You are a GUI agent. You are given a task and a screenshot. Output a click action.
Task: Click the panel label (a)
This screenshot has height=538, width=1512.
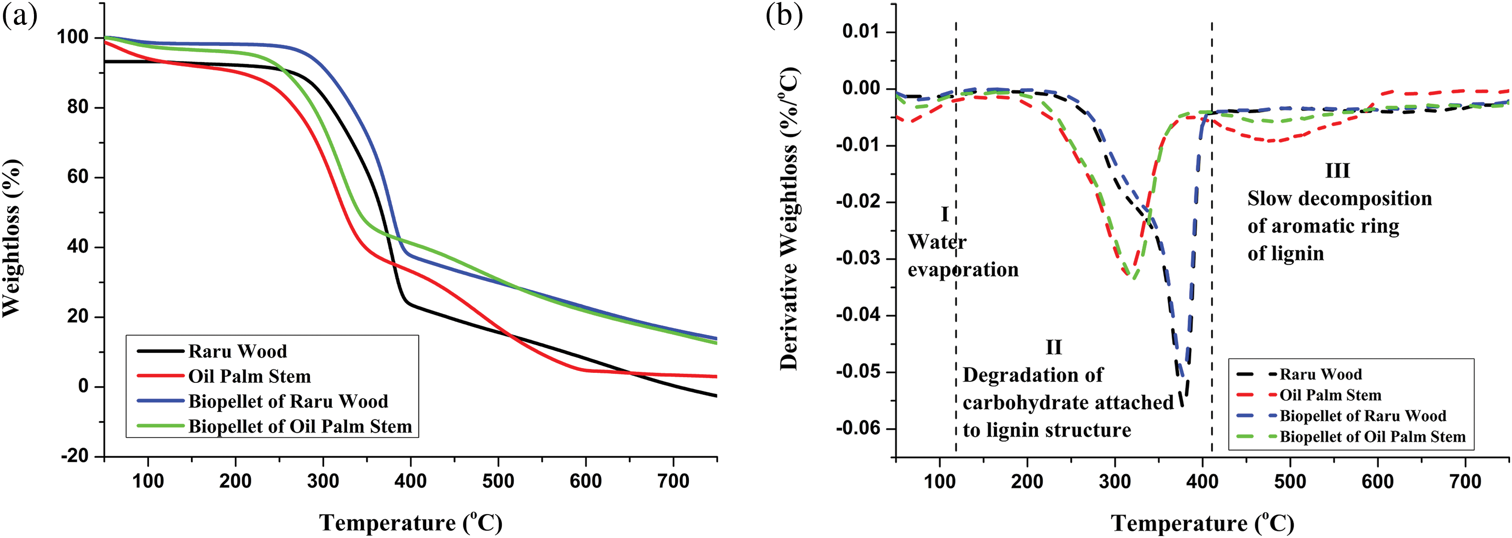[x=19, y=16]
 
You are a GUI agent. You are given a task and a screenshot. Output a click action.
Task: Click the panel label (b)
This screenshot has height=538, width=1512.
[x=784, y=16]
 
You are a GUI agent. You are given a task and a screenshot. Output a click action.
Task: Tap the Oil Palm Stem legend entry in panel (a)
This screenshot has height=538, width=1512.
[x=249, y=376]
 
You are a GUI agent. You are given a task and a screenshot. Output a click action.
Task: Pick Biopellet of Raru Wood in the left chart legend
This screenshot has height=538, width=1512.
[x=288, y=401]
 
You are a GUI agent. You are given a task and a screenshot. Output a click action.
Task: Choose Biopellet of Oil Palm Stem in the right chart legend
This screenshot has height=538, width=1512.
[x=1372, y=437]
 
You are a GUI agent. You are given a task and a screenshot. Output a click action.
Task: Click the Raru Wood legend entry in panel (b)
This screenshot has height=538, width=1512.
[x=1320, y=374]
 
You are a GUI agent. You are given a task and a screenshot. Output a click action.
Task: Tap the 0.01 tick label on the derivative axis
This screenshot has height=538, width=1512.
[x=861, y=31]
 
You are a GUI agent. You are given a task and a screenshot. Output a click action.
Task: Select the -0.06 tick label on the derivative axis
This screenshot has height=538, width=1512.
[x=858, y=428]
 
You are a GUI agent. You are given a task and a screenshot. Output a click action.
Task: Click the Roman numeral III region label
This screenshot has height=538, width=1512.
[x=1338, y=171]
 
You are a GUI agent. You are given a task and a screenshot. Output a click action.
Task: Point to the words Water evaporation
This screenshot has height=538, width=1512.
[x=963, y=256]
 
